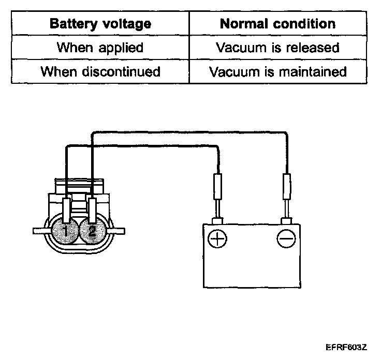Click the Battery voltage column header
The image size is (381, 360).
(x=100, y=24)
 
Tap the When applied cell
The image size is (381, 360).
(x=100, y=48)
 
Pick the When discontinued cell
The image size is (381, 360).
(x=100, y=71)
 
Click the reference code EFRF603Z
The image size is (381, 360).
(x=346, y=347)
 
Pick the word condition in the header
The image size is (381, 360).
(x=305, y=24)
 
